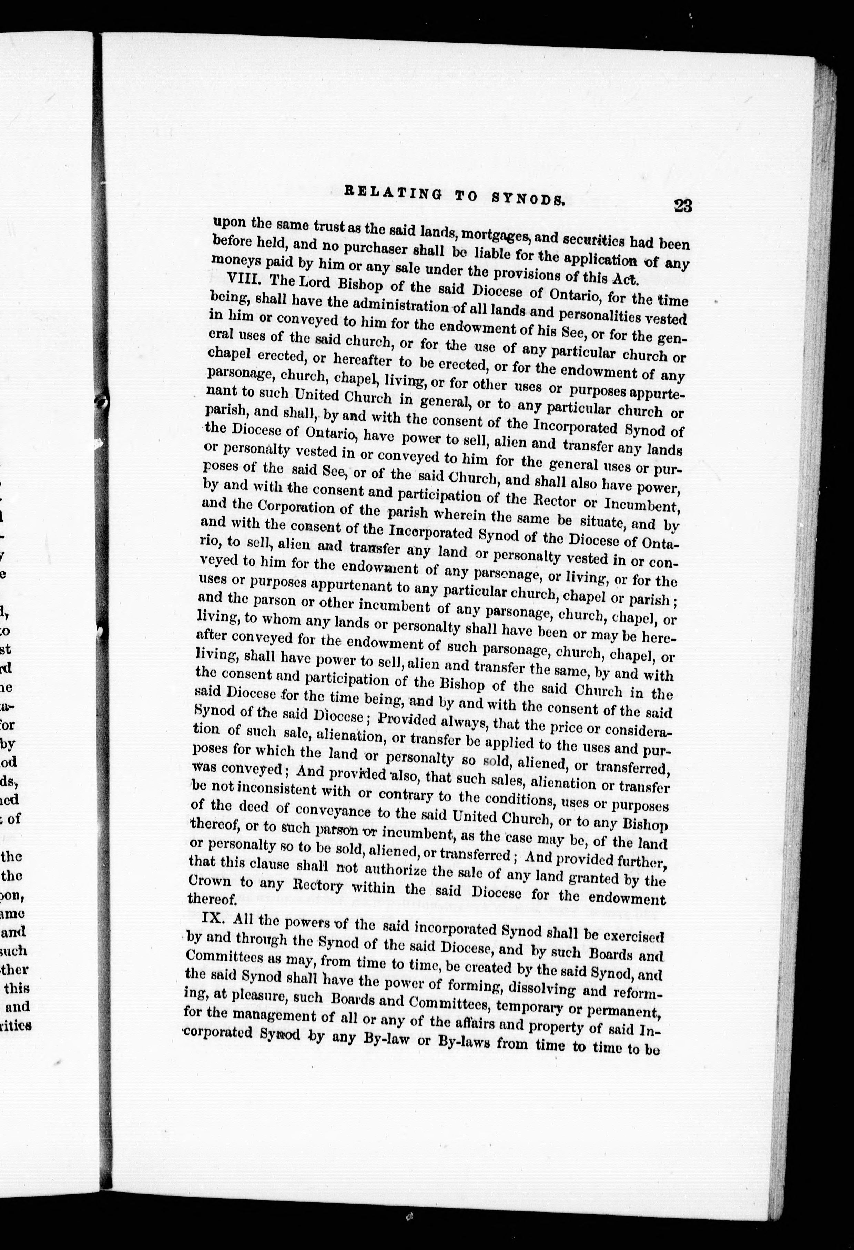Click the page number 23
[681, 206]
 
